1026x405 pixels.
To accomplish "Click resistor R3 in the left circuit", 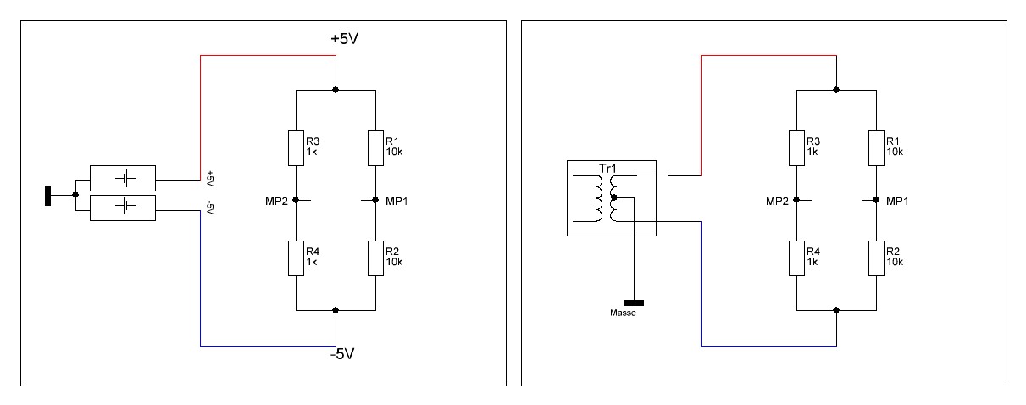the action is (296, 148).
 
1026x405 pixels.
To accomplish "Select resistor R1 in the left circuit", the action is (375, 148).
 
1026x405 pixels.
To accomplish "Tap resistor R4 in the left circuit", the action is (296, 258).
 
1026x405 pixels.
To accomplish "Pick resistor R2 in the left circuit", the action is (375, 258).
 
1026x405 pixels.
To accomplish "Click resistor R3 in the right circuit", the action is (796, 148).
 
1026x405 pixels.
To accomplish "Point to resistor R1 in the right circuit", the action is (876, 148).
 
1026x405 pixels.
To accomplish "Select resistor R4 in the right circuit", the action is (796, 258).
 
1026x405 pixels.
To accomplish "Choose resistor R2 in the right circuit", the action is (876, 258).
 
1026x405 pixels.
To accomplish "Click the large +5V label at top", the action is (345, 38).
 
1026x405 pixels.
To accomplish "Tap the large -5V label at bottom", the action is (342, 353).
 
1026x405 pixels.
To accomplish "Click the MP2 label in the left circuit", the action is (277, 201).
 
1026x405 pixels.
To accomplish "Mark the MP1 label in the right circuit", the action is (897, 201).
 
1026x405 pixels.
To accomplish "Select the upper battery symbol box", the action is (123, 178).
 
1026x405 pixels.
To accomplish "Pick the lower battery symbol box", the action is (123, 208).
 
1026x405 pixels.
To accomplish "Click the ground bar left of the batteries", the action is (47, 196).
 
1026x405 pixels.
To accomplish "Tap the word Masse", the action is (623, 313).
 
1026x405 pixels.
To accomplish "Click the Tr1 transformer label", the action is (607, 169).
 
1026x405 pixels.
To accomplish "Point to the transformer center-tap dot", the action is (614, 197).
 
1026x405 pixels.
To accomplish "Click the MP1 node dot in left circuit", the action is (375, 200).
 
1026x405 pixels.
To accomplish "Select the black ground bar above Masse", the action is (634, 302).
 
